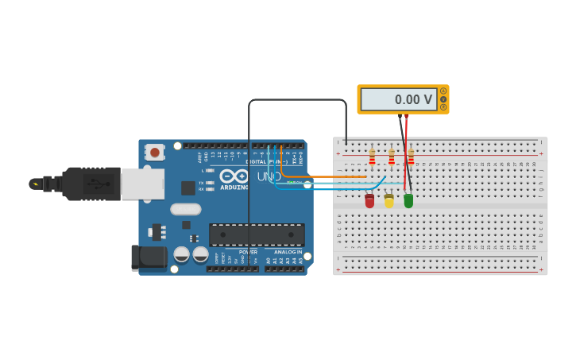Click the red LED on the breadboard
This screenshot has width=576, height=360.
pos(369,201)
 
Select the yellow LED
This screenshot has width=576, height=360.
pos(389,201)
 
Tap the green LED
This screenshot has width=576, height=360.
pos(408,201)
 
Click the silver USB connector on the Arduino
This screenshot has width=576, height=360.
pos(143,184)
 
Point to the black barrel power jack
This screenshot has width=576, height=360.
pos(149,257)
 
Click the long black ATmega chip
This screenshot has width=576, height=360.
pos(257,234)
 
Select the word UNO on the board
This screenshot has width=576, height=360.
pos(269,176)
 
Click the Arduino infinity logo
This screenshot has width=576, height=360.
pos(234,176)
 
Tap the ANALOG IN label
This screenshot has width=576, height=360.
pos(288,252)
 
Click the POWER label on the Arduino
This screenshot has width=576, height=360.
pos(248,252)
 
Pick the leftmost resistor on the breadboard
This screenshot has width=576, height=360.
pos(372,157)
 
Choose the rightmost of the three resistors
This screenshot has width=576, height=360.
pos(411,157)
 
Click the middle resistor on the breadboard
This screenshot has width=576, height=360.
pos(391,157)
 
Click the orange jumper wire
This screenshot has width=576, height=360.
pos(318,176)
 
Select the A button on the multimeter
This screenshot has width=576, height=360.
pos(443,91)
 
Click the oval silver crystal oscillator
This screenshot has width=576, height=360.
pos(185,209)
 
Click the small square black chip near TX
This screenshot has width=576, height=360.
pos(188,188)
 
